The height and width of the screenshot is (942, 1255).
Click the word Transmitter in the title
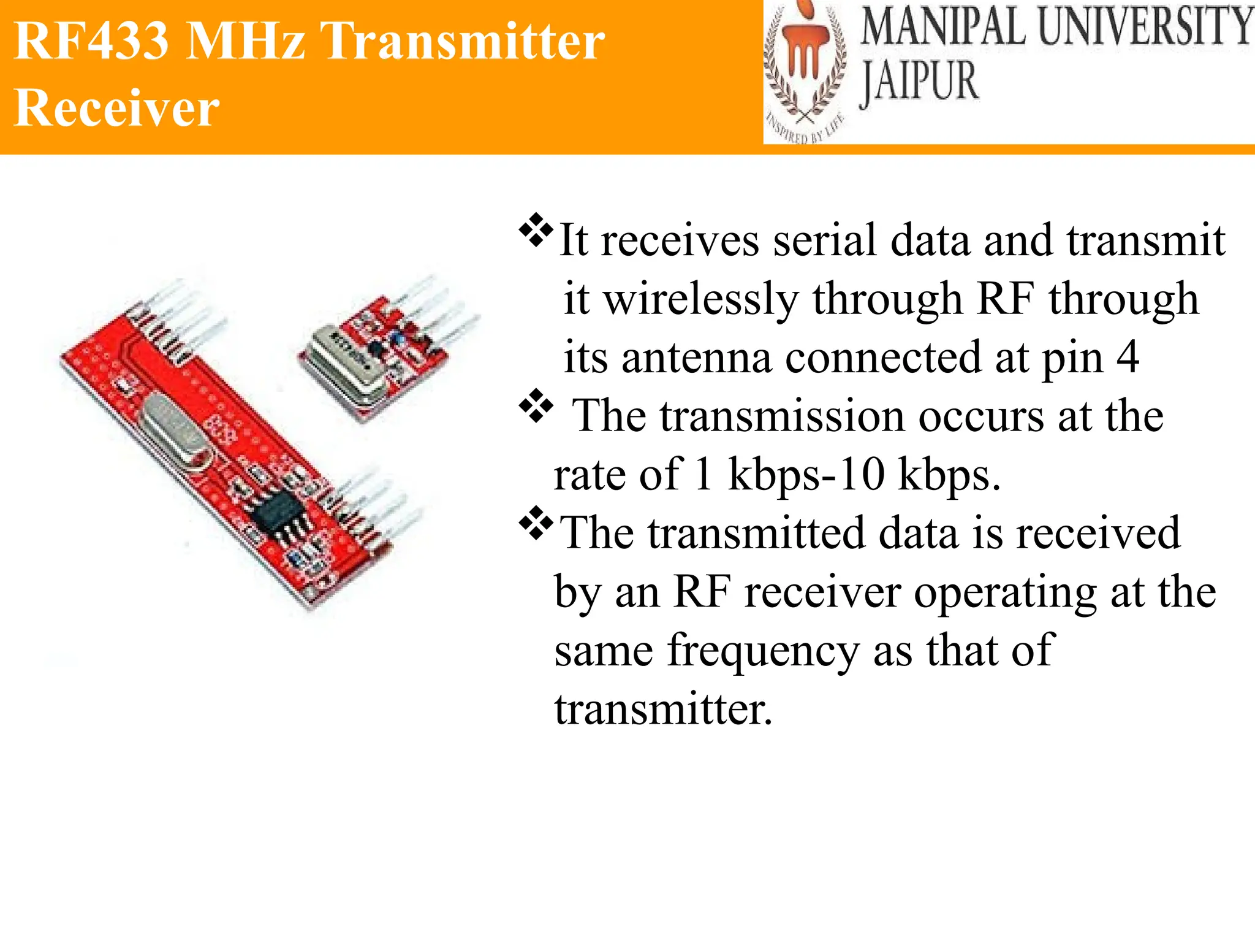[463, 42]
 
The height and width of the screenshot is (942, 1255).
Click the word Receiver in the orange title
[116, 108]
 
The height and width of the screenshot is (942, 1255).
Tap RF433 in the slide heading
[91, 42]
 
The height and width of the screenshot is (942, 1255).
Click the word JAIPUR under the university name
[919, 82]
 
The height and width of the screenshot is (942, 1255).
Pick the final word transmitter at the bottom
[663, 710]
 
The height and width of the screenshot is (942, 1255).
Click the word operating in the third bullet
[1005, 593]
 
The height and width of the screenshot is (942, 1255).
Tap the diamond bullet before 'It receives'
[536, 230]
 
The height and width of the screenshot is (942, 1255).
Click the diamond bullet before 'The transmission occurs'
[536, 405]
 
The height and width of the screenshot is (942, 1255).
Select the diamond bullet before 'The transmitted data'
[536, 523]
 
